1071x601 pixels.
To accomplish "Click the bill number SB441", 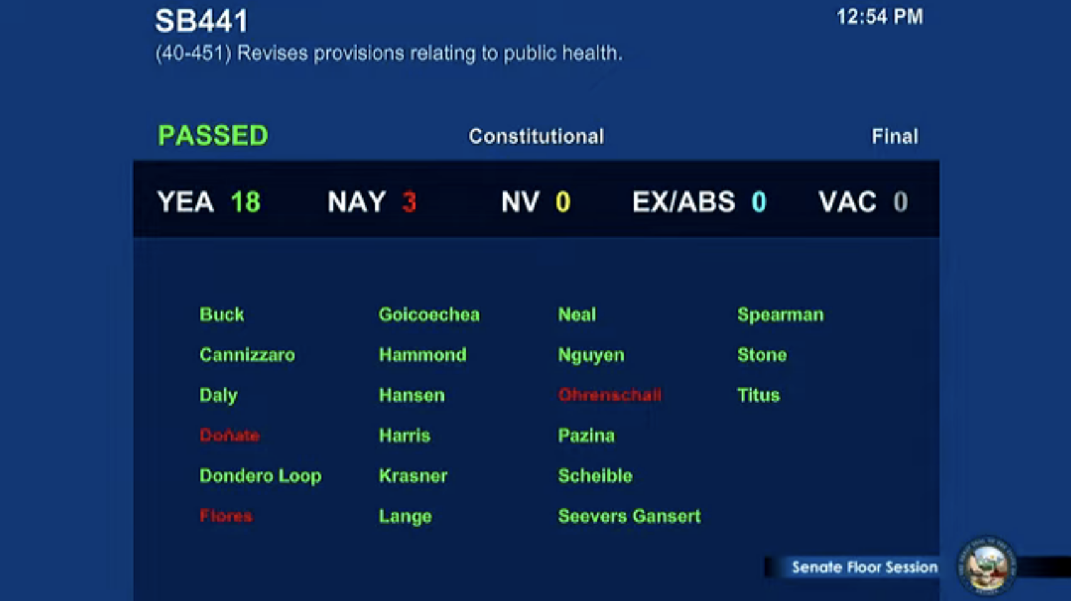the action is (x=202, y=21).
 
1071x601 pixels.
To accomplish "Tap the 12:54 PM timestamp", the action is (x=879, y=17).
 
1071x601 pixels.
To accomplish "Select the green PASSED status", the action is (x=213, y=135).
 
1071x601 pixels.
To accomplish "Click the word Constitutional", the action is (x=536, y=136).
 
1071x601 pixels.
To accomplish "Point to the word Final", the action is (x=895, y=136).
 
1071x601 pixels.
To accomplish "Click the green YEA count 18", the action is (x=245, y=202).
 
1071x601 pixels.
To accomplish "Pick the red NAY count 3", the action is (x=409, y=202).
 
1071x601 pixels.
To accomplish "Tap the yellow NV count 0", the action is (x=563, y=202).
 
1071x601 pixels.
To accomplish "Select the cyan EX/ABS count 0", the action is (x=759, y=202).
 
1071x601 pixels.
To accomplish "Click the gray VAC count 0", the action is (x=900, y=202).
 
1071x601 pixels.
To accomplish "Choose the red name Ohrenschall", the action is (x=610, y=395).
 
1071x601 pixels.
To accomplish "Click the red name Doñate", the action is (x=229, y=435).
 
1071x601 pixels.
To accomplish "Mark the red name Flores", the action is (x=226, y=515).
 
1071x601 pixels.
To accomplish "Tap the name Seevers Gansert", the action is (x=629, y=516).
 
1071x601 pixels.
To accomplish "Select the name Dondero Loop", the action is (x=261, y=476).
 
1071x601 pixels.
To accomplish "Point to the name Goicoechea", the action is (x=429, y=314).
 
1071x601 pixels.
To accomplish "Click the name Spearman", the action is (x=781, y=315).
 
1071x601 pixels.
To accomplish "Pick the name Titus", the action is (x=759, y=395).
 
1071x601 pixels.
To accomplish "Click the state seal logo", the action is (x=987, y=566).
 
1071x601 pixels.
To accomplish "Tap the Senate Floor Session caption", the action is (x=864, y=567).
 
